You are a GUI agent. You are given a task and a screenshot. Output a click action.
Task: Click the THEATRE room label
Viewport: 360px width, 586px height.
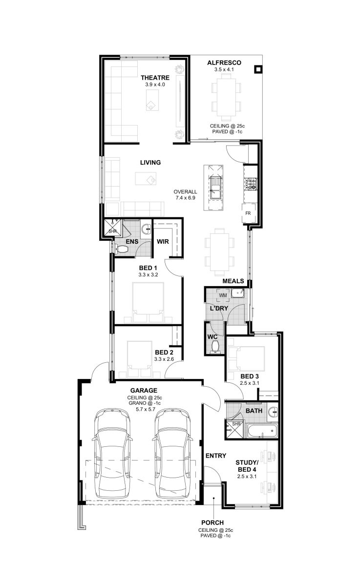coord(155,78)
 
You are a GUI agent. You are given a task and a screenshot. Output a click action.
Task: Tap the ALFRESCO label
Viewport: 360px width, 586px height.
coord(224,63)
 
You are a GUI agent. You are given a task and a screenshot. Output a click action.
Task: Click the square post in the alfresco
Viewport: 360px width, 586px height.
coord(258,69)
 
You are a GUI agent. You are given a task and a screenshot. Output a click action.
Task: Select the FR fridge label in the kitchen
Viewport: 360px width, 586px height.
coord(248,213)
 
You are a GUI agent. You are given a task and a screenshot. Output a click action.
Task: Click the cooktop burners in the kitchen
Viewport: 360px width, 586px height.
coord(251,184)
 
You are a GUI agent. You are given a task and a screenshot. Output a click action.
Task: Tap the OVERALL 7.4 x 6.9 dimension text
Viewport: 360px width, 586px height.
coord(185,195)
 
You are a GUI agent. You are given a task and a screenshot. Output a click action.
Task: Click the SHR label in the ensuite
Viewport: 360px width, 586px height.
coord(112,231)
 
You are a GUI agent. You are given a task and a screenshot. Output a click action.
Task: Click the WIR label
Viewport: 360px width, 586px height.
coord(163,241)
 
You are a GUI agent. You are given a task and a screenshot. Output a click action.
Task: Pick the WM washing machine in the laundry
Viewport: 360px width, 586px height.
coord(223,295)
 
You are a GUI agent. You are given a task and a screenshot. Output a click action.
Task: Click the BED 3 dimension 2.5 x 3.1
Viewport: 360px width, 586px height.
coord(250,383)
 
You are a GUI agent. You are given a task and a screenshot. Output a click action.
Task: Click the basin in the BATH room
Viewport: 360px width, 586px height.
coord(274,413)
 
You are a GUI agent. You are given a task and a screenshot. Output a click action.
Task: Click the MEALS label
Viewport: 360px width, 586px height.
coord(233,281)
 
